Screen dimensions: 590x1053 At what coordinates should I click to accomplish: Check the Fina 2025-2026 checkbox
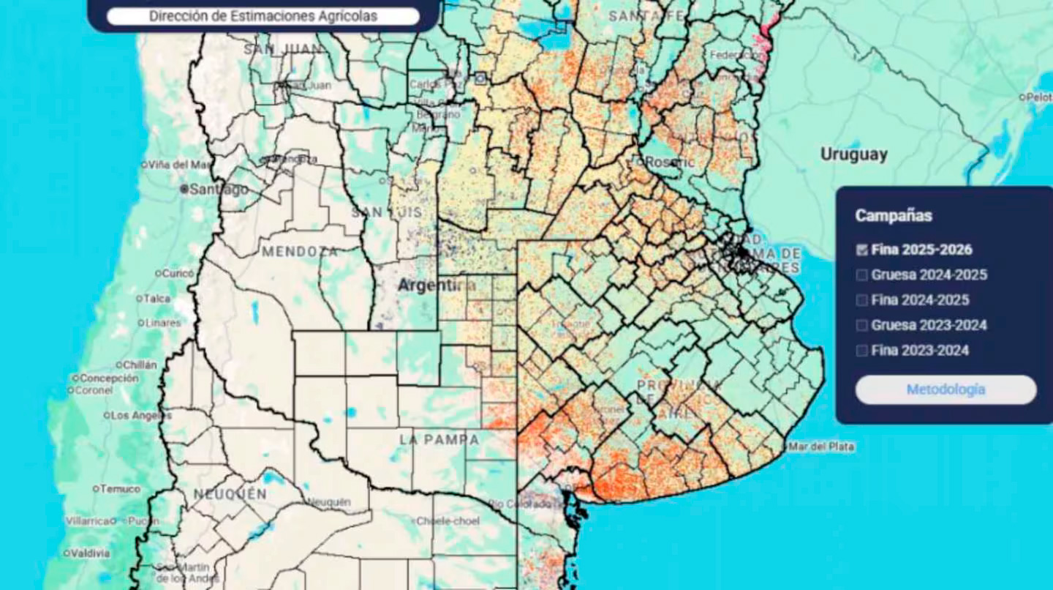(x=862, y=250)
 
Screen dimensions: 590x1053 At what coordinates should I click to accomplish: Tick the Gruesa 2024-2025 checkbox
(x=862, y=275)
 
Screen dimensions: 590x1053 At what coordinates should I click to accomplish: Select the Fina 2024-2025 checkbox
(x=862, y=300)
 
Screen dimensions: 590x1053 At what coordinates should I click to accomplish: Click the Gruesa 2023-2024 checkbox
(x=862, y=325)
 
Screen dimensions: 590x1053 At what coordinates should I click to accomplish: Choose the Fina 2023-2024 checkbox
(x=862, y=351)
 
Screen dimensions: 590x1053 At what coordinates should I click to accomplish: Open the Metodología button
(x=946, y=389)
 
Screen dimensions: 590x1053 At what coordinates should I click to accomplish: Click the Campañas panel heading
(x=894, y=216)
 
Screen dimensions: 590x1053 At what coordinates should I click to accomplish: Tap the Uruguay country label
(x=853, y=154)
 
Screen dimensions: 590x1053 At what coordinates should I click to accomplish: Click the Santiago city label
(x=218, y=189)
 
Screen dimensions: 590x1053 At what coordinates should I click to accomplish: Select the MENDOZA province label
(x=300, y=252)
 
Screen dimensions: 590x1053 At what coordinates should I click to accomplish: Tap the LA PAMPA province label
(x=439, y=440)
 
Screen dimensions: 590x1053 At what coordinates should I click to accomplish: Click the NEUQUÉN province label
(x=230, y=495)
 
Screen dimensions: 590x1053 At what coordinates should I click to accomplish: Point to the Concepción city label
(x=109, y=378)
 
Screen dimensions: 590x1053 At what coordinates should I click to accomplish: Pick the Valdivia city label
(x=91, y=553)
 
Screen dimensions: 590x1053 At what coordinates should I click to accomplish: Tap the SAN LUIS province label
(x=386, y=212)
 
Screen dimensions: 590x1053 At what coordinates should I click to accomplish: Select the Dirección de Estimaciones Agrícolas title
(x=263, y=16)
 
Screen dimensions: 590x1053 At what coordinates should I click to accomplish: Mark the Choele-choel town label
(x=448, y=521)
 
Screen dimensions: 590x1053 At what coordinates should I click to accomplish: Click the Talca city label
(x=156, y=299)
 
